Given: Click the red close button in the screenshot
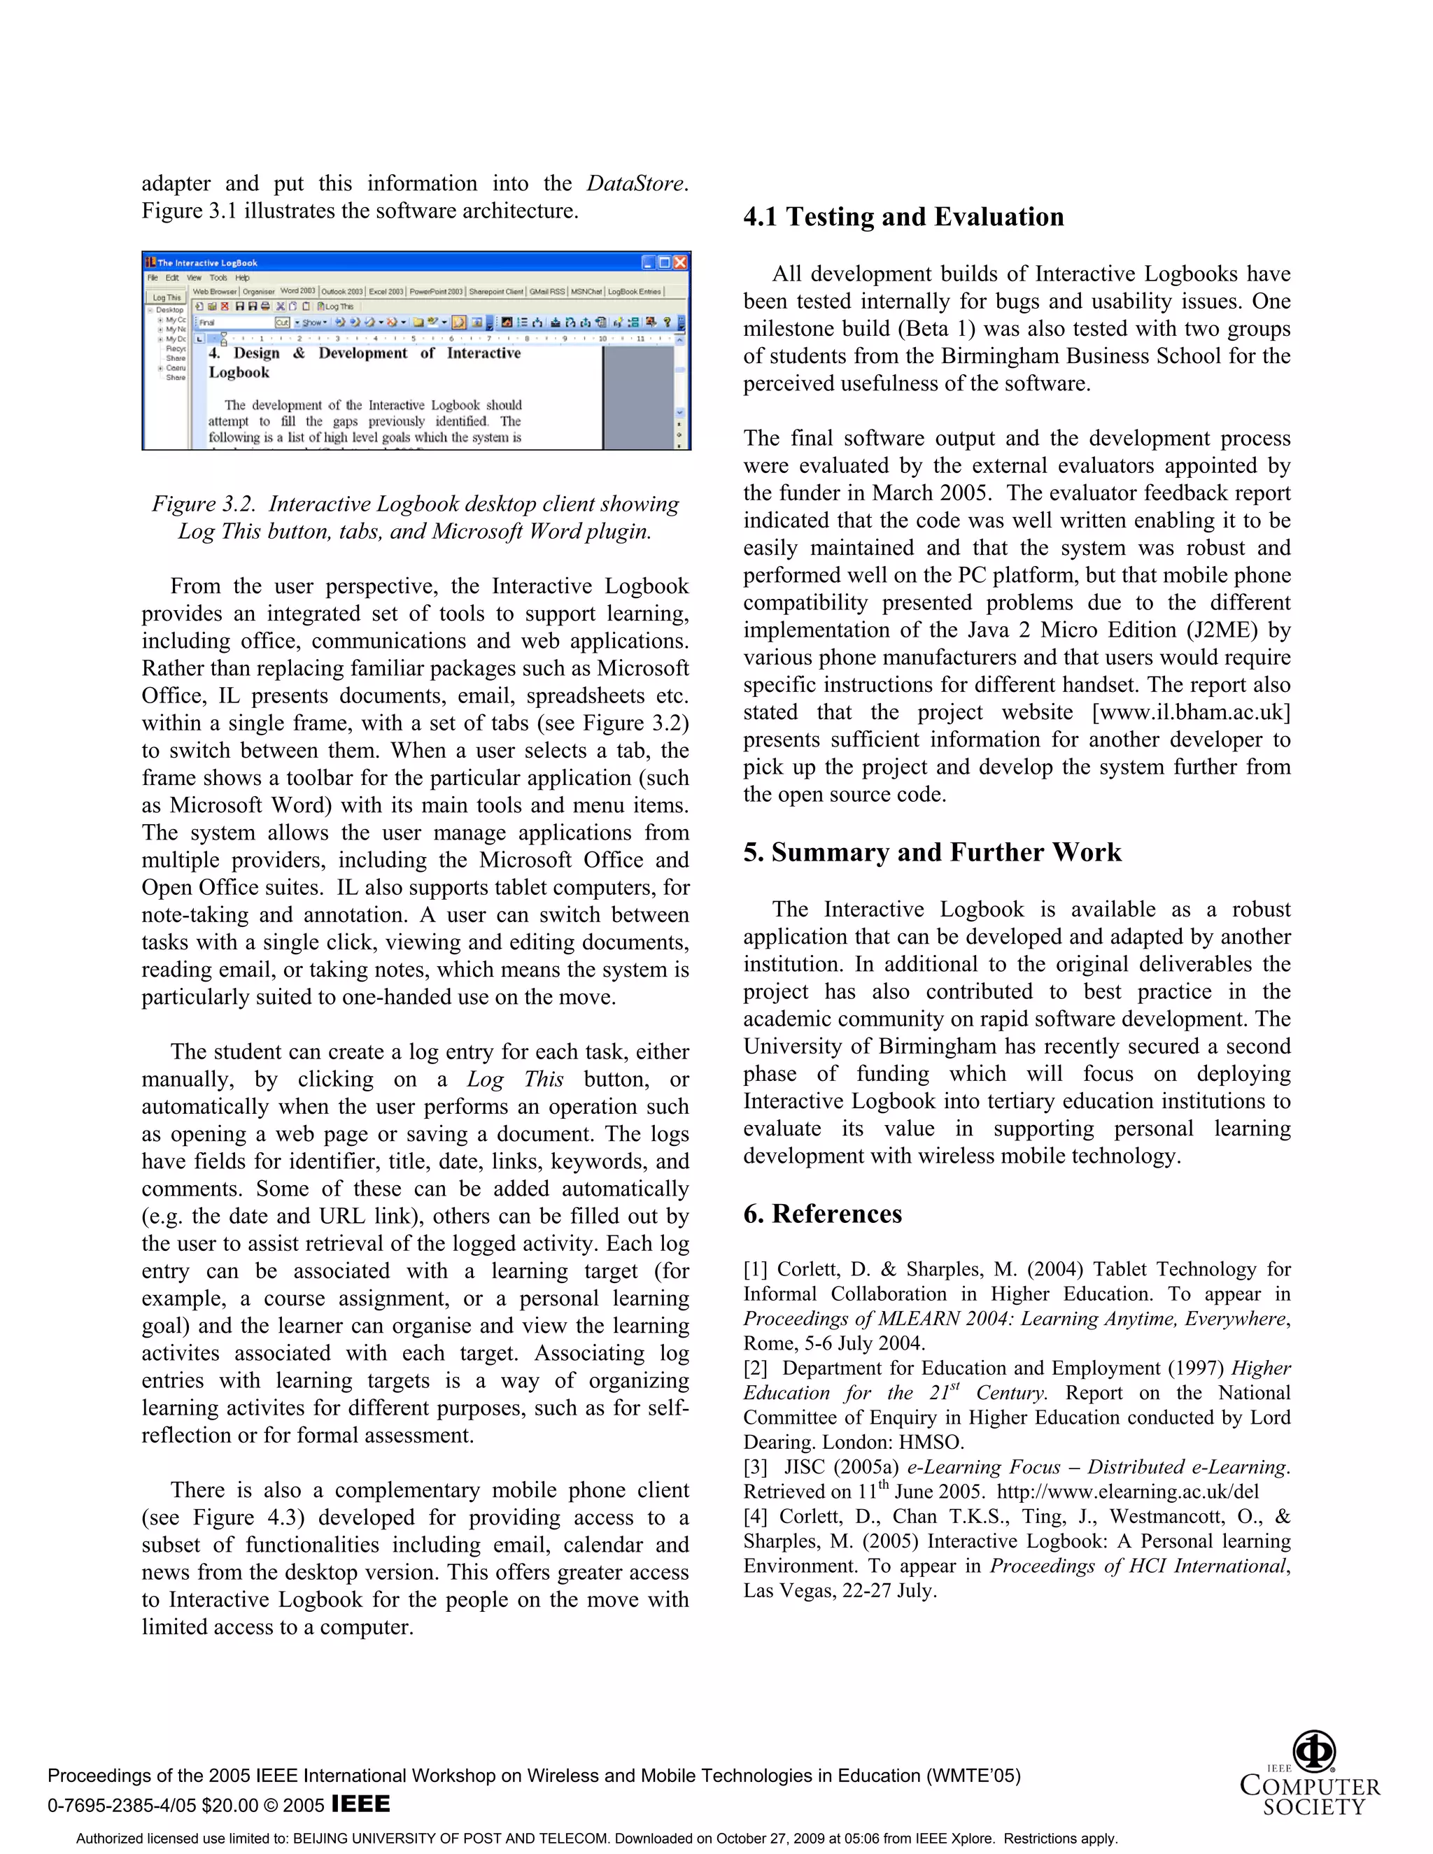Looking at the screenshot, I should click(679, 262).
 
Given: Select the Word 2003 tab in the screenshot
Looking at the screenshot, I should click(297, 291).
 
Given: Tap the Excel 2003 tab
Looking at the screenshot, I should click(386, 291).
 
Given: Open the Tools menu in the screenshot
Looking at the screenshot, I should click(218, 278).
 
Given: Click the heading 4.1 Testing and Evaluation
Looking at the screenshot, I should click(903, 218).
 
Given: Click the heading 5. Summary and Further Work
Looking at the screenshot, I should click(932, 852).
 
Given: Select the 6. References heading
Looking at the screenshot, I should click(821, 1214).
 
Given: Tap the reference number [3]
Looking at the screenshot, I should click(756, 1468).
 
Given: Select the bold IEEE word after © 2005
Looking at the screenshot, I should click(361, 1803).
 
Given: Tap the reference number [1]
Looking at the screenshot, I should click(756, 1270).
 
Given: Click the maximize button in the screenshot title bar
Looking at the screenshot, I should click(664, 262).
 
